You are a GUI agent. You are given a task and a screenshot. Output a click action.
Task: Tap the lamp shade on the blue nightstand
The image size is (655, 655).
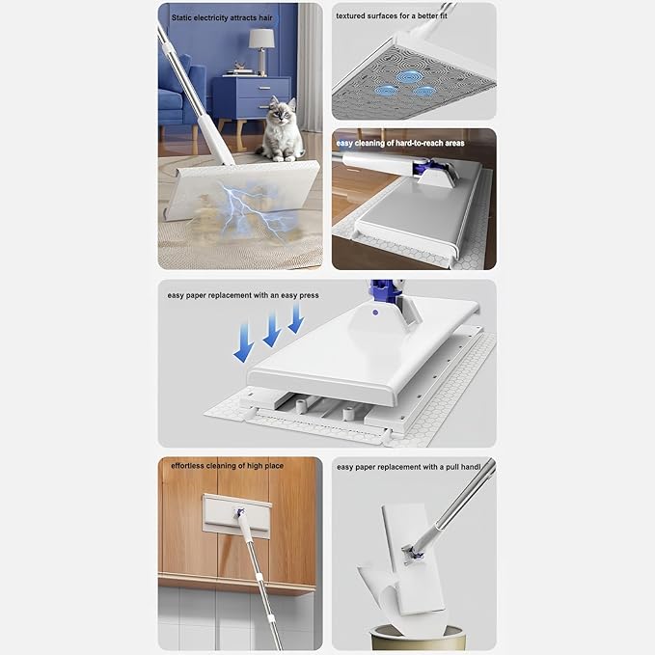pos(261,39)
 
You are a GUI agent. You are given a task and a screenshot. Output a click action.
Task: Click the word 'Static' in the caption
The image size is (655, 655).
pos(181,18)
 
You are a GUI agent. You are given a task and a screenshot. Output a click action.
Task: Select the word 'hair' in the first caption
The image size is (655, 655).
pos(265,18)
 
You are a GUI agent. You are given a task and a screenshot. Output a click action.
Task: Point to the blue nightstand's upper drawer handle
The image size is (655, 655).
pos(265,88)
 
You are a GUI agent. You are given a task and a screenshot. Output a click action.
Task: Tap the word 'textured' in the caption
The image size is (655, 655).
pos(351,15)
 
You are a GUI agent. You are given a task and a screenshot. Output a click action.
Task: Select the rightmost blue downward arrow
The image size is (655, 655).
pos(296,318)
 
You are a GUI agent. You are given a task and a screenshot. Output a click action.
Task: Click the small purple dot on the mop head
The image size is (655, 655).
pos(375,313)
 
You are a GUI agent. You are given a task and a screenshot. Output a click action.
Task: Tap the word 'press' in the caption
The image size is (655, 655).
pos(309,296)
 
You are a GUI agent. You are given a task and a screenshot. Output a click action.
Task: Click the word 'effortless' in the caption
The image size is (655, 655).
pos(187,466)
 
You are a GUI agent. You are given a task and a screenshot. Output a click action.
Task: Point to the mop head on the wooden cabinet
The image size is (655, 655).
pos(237,515)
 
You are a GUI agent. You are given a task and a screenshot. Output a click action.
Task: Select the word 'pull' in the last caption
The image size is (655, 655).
pos(452,467)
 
